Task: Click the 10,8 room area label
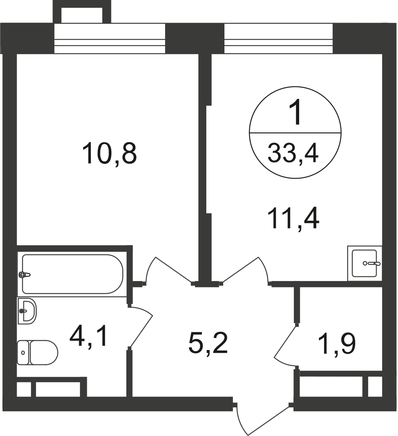pos(109,154)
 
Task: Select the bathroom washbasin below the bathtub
pos(27,311)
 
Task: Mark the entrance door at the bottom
pos(262,420)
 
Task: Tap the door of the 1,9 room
pos(286,343)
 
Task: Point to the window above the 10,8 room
pos(109,38)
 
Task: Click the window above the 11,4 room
pos(279,38)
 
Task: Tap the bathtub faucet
pos(25,275)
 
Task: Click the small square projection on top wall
pos(82,12)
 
